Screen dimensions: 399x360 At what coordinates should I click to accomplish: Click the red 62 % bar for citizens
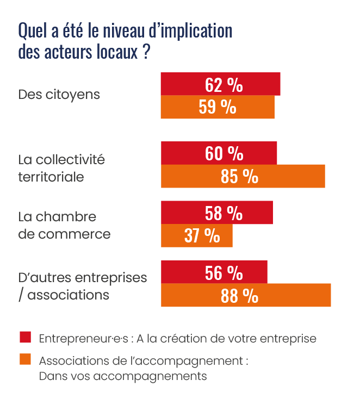point(220,84)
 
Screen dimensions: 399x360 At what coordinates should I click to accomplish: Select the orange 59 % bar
point(218,107)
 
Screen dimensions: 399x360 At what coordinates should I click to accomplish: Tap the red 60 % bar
point(219,153)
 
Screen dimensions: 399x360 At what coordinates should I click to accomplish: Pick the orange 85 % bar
point(243,176)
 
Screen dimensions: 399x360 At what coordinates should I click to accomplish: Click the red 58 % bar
point(216,213)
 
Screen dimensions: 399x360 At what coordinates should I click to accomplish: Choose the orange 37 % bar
point(197,236)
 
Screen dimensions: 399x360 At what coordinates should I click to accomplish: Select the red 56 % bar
point(214,272)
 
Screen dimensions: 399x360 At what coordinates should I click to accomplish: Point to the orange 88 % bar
point(246,295)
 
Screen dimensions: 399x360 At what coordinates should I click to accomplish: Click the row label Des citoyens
point(59,95)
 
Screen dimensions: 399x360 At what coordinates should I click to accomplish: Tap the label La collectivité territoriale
point(61,169)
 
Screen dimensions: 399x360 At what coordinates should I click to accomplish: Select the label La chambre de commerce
point(64,226)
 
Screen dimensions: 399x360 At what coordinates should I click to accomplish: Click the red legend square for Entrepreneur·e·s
point(25,337)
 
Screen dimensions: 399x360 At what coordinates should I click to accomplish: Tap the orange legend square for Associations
point(25,360)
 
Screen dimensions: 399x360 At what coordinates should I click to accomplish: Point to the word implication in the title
point(194,31)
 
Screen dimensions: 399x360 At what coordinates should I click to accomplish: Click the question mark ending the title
point(146,54)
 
